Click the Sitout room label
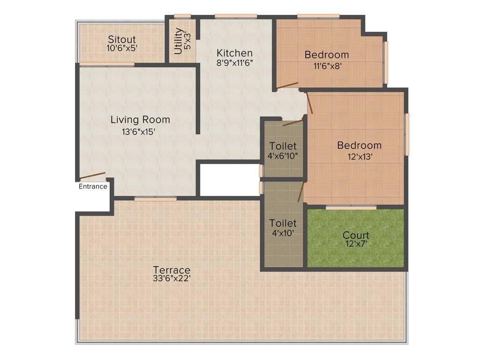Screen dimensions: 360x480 [x=122, y=39]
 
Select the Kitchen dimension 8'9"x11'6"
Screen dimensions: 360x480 [x=234, y=63]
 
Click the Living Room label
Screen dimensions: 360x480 [x=140, y=120]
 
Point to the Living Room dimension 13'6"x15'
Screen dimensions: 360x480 [x=138, y=132]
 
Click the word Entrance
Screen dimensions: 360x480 [x=93, y=187]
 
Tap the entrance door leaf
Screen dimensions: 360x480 [x=92, y=176]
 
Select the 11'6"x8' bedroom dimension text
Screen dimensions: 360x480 [x=327, y=66]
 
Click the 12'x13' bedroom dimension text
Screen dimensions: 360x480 [x=355, y=157]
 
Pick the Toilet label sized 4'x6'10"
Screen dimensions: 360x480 [x=283, y=146]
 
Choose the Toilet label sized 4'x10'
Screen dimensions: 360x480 [x=283, y=223]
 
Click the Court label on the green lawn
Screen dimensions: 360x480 [x=356, y=235]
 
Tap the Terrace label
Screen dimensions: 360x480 [x=172, y=270]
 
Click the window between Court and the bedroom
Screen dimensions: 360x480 [x=351, y=207]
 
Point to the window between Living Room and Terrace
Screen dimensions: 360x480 [x=155, y=199]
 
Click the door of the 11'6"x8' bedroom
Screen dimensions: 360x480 [x=287, y=85]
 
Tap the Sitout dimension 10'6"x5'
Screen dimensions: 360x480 [x=122, y=48]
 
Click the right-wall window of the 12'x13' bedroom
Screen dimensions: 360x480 [x=407, y=134]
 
